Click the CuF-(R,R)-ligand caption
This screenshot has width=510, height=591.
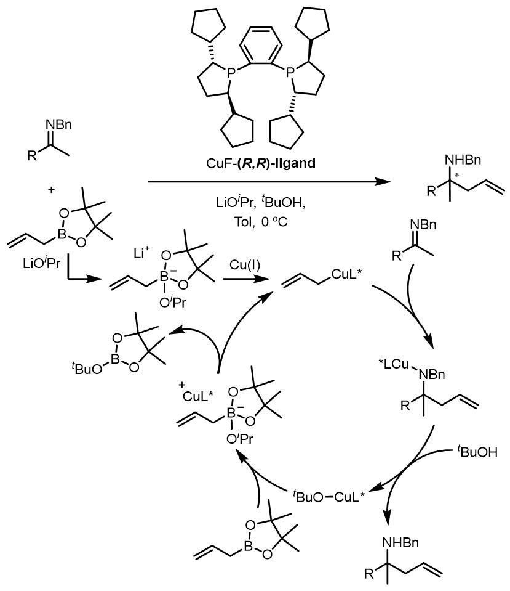[x=261, y=163]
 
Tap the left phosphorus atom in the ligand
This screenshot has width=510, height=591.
[x=231, y=71]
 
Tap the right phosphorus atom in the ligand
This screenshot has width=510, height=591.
[x=290, y=71]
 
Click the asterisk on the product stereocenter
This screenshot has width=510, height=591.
[x=457, y=175]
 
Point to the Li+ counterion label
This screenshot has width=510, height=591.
[x=142, y=253]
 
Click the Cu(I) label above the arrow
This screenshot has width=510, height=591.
[x=245, y=265]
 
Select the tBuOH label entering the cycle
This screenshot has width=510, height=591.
[x=477, y=450]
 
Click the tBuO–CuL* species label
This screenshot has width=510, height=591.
[x=329, y=496]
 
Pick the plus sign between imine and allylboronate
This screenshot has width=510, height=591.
[x=51, y=190]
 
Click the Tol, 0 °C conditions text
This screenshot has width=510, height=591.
[x=261, y=222]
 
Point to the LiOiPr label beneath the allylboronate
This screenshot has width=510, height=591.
[x=41, y=263]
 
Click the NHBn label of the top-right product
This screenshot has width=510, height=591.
[x=463, y=160]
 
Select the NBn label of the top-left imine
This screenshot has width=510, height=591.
[x=58, y=124]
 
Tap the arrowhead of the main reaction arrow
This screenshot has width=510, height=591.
[x=384, y=182]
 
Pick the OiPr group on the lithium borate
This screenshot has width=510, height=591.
[x=172, y=302]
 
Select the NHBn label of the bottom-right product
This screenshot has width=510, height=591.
[x=400, y=542]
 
